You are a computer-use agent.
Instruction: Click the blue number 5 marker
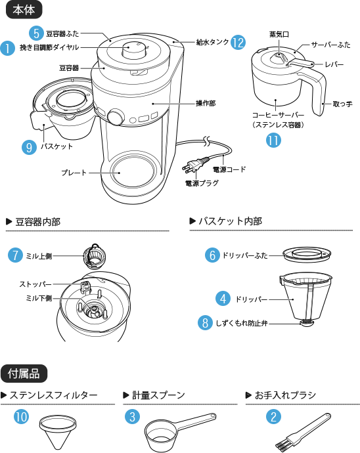[x=37, y=33]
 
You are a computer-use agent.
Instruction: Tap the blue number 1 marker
[x=7, y=48]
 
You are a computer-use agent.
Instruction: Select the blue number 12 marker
[x=237, y=42]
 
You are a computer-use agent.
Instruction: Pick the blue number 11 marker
[x=273, y=139]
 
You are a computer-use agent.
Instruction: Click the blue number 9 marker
[x=29, y=148]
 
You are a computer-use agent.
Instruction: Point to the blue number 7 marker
[x=15, y=255]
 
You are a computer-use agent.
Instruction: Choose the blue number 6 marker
[x=212, y=255]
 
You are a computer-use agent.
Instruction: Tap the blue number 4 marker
[x=223, y=299]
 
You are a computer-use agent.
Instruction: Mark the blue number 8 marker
[x=206, y=322]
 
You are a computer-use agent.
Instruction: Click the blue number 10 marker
[x=22, y=416]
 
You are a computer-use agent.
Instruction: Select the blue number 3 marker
[x=132, y=416]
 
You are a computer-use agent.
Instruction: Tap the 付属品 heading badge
[x=24, y=374]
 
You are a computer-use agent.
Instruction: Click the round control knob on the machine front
[x=115, y=116]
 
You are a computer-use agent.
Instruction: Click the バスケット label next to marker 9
[x=56, y=146]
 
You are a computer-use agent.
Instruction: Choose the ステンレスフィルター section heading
[x=53, y=395]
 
